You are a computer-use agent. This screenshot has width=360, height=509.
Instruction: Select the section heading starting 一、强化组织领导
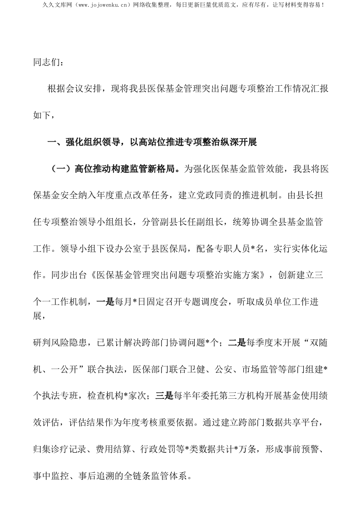[x=153, y=142]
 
